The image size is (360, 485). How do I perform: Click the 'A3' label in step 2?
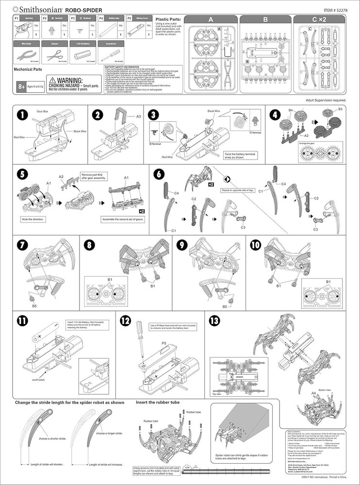[x=138, y=116]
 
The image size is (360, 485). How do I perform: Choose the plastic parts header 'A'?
[x=211, y=20]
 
